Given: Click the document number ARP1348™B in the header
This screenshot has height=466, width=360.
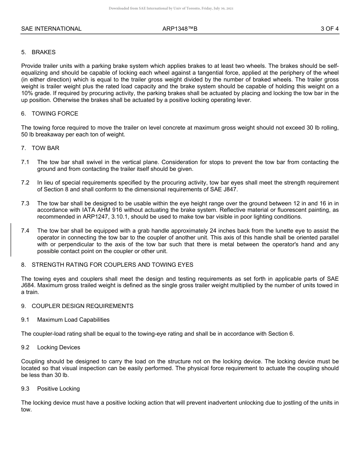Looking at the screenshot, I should point(180,29).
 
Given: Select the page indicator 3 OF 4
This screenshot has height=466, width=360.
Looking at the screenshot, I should point(329,29).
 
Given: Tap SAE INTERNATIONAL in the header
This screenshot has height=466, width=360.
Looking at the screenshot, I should point(51,29).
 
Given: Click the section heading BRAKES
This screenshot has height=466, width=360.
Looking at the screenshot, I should point(44,52).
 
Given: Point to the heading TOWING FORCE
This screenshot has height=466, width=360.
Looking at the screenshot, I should point(55,114).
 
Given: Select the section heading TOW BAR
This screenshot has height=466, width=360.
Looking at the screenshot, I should point(45,148).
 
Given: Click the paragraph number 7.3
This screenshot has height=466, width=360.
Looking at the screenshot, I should point(25,203).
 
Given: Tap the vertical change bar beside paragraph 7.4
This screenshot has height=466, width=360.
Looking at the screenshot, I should point(11,240).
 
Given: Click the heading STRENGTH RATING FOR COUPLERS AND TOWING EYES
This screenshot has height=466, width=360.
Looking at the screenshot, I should point(112,265).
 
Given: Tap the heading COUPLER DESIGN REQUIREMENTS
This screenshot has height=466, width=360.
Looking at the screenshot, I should point(82,306).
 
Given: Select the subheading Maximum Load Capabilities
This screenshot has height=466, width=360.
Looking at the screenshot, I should point(73,320).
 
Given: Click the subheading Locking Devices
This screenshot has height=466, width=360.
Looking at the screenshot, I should point(58,347).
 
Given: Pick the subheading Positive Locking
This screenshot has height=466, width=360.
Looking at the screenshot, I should point(58,389).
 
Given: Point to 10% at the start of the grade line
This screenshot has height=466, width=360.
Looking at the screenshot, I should point(27,94).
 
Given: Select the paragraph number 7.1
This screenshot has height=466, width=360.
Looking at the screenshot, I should point(25,162).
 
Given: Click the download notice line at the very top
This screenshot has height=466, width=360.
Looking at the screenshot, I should point(171,8).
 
